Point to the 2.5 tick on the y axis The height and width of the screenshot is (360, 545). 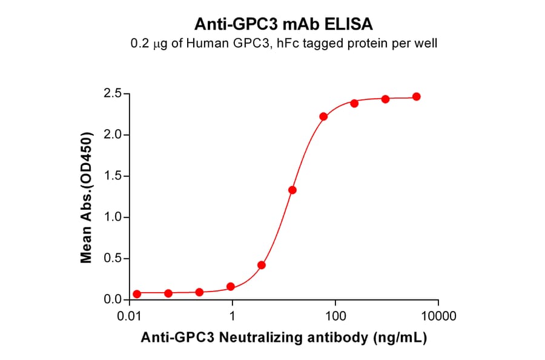point(113,94)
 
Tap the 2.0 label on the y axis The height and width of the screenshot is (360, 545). point(113,135)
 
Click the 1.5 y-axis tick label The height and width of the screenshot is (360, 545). point(113,176)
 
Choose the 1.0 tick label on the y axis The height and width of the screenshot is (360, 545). point(113,218)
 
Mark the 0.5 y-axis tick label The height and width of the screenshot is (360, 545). point(113,259)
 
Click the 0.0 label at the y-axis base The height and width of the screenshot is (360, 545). point(113,300)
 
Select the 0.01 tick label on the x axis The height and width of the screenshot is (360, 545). point(129,316)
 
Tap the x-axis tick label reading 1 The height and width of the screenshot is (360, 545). point(233,316)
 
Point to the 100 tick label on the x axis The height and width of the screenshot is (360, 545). point(335,316)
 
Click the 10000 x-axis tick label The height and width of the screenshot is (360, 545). point(438,316)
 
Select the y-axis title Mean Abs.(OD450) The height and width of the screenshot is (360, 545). point(87,197)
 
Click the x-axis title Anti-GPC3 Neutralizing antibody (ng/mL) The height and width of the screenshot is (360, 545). point(283,338)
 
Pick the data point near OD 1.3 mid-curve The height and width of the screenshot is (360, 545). point(292,190)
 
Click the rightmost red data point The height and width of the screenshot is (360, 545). point(416,97)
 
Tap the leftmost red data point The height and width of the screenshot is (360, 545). point(137,294)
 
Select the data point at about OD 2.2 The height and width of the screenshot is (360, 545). point(323,116)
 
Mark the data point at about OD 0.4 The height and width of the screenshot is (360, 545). point(262,265)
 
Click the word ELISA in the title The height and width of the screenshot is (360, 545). point(353,24)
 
